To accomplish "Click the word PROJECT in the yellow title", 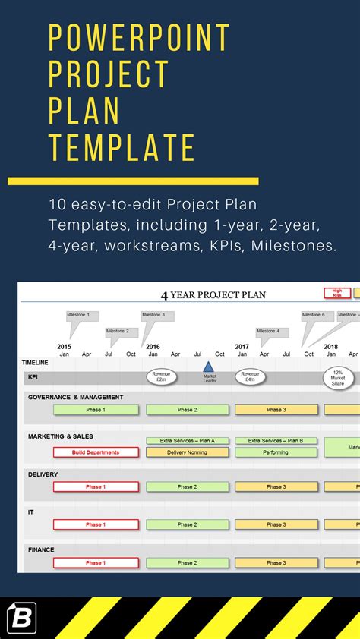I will (x=109, y=74).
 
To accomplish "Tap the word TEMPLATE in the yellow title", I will (x=122, y=146).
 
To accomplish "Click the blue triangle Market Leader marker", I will (x=208, y=367).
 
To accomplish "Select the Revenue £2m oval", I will (x=161, y=376).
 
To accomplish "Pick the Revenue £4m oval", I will (x=250, y=376).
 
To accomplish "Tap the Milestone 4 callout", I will (x=268, y=332).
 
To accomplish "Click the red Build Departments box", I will (x=96, y=452).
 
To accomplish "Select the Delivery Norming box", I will (x=187, y=452).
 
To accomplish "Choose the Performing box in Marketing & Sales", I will (x=276, y=452).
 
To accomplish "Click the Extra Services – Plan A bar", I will (x=187, y=441).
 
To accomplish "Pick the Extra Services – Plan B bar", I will (x=276, y=441).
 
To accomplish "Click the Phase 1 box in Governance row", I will (x=96, y=410).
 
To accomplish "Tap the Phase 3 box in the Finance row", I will (x=276, y=563).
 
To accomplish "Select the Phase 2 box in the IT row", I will (x=187, y=524).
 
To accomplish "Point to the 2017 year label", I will (x=242, y=347).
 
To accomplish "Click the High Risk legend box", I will (x=337, y=293).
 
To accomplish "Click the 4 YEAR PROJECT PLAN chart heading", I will (x=213, y=294).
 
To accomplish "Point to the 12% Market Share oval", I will (x=338, y=377).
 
